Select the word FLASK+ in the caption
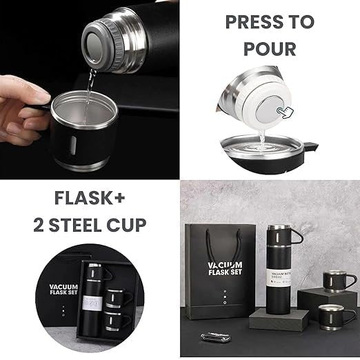click(90, 200)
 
